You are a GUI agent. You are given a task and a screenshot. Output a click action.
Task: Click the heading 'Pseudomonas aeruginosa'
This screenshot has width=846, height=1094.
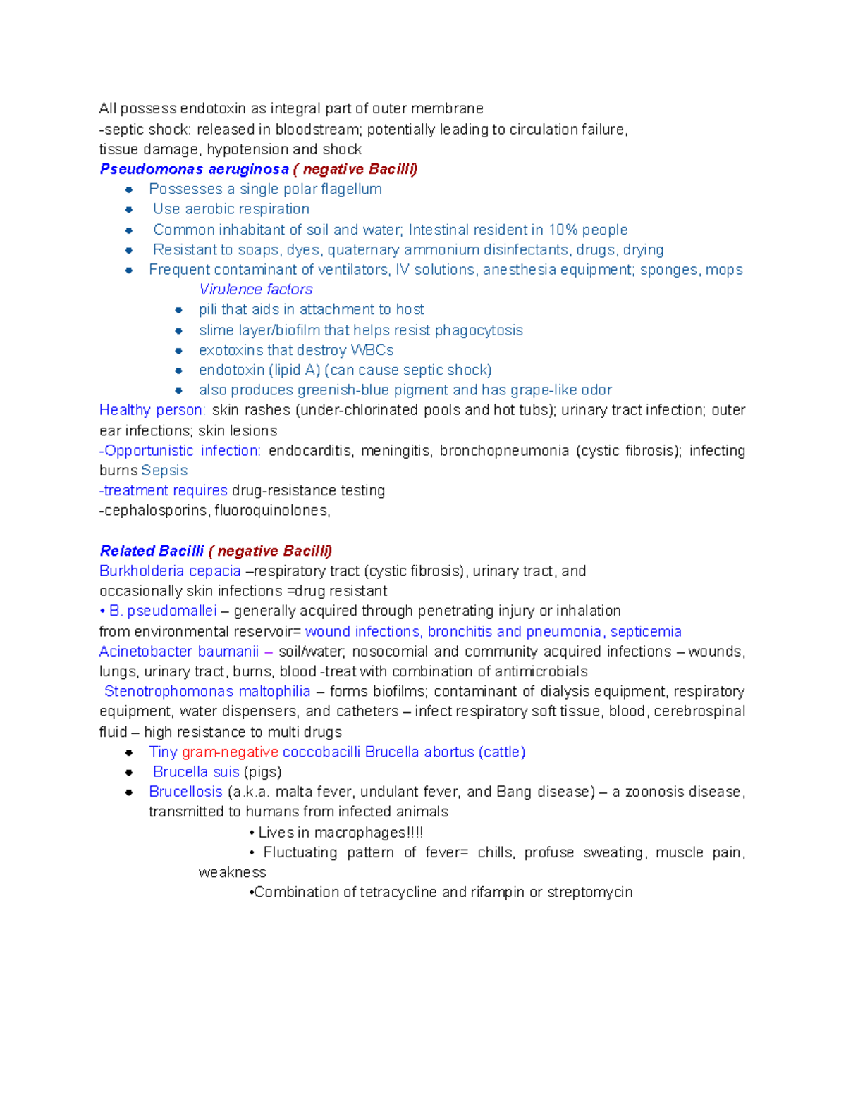[x=194, y=169]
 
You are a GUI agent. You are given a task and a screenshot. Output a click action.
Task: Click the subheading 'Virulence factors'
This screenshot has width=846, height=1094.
[x=255, y=290]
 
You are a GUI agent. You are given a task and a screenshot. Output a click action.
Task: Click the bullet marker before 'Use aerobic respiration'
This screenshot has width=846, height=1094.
[x=129, y=210]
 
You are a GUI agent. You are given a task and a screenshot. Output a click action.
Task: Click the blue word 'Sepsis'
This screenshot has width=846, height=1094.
[x=164, y=471]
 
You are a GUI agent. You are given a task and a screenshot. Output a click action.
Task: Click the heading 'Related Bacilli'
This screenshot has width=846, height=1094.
[x=152, y=551]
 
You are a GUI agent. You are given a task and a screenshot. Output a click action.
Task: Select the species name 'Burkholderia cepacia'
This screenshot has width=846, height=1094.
[x=170, y=571]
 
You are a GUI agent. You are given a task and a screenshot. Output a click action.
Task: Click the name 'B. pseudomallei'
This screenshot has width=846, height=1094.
[x=163, y=611]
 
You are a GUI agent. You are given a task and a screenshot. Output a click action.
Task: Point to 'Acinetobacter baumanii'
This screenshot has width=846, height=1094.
[x=179, y=652]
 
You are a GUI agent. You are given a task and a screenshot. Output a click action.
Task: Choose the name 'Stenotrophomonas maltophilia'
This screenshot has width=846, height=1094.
[x=207, y=692]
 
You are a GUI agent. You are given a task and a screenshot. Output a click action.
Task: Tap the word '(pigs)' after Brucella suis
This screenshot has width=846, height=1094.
[x=262, y=772]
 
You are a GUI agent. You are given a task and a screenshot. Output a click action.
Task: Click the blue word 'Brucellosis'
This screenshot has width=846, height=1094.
[x=185, y=792]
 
